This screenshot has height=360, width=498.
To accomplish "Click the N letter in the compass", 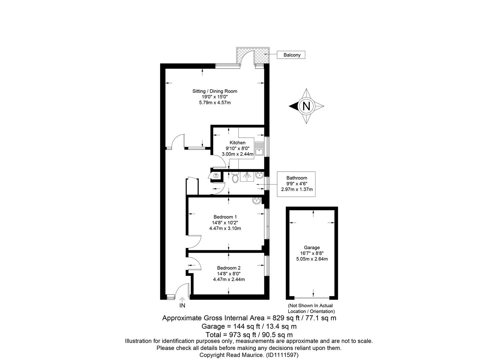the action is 306,106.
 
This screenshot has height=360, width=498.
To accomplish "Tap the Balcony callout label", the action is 292,55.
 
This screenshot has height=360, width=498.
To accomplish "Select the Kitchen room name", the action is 237,143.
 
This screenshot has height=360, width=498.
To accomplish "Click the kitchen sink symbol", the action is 259,148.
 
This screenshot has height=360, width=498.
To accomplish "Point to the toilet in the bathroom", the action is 235,177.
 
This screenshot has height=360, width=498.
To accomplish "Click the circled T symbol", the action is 216,176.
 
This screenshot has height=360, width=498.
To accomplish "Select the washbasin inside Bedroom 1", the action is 257,201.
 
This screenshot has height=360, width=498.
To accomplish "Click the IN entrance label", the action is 182,306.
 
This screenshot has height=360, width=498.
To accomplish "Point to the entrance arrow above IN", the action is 182,299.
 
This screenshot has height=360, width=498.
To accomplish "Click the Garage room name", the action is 312,248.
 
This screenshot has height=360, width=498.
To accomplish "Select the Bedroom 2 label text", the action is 229,268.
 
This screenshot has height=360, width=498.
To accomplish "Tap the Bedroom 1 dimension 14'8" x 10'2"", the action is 225,223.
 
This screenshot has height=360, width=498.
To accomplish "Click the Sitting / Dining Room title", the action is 215,91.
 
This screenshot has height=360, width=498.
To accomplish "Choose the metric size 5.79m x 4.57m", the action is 215,103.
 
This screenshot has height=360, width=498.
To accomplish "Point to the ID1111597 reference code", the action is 282,355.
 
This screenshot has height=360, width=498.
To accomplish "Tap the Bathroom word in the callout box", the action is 297,178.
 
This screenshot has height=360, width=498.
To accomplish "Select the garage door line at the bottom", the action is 312,298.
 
